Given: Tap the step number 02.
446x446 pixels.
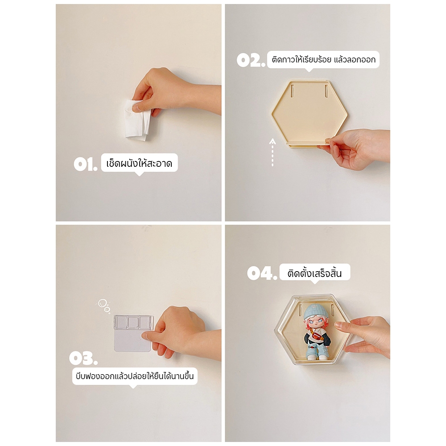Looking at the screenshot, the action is tap(251, 60).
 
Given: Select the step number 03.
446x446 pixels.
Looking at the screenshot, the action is tap(83, 358).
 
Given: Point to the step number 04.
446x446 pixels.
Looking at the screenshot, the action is tap(262, 273).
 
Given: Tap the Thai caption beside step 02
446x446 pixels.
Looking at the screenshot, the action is tap(323, 59).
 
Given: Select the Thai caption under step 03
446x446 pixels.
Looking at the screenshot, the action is tap(135, 376).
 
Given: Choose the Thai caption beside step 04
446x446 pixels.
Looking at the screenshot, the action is tap(314, 273).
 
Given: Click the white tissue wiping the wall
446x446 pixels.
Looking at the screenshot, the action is tap(137, 120).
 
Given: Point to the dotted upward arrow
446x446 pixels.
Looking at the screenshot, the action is tap(273, 152).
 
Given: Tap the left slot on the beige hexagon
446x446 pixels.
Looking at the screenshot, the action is tap(292, 91).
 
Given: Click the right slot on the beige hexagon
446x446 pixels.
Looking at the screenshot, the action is tap(326, 91).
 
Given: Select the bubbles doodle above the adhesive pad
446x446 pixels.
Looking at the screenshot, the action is tap(104, 306).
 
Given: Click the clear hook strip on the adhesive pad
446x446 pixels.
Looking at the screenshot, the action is tap(133, 322).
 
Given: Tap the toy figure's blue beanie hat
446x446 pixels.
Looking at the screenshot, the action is tap(316, 311).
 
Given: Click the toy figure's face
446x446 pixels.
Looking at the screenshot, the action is tap(316, 323).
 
